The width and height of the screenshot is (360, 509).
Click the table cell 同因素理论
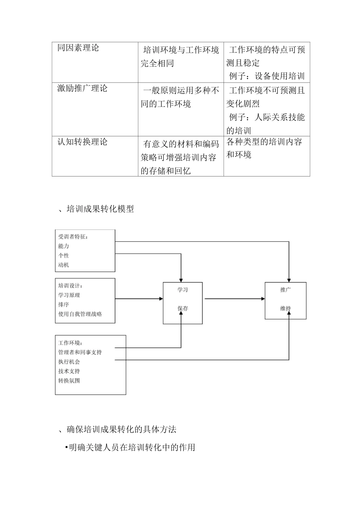pos(78,48)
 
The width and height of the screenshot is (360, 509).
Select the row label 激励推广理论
pos(82,89)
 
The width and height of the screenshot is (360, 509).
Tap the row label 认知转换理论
pos(82,142)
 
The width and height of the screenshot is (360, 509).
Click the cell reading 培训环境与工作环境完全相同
pos(180,56)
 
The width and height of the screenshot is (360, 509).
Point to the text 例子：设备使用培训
pos(267,76)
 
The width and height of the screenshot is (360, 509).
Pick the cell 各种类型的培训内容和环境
pos(264,148)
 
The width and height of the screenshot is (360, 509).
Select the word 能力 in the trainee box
pos(64,246)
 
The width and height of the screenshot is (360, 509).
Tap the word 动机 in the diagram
pos(64,265)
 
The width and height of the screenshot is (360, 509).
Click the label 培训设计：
pos(70,286)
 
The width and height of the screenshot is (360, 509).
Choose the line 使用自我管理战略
pos(80,314)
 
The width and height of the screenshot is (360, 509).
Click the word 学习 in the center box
pos(183,290)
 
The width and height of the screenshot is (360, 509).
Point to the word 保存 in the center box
pos(183,309)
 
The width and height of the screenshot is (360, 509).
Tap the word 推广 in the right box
pos(285,290)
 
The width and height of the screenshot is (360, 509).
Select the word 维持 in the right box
pos(285,309)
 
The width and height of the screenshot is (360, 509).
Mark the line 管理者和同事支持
pos(80,353)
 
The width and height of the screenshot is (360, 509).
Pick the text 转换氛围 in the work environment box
pos(69,381)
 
